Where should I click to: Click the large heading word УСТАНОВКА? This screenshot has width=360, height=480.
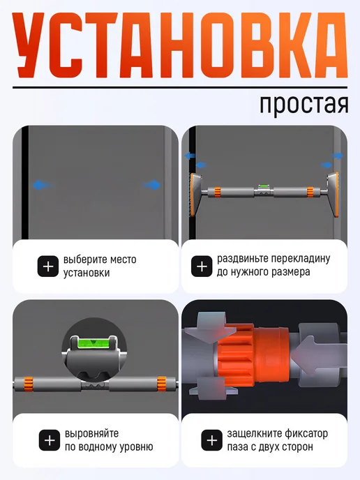180,46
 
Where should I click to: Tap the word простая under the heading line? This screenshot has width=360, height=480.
303,105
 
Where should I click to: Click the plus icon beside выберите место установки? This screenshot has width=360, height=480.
47,267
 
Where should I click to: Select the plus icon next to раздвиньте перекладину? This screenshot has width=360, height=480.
202,267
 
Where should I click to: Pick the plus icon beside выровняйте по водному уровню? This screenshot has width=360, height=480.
50,440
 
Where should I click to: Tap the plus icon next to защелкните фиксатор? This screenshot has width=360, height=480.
211,440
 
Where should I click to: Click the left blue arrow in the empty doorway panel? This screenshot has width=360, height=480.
43,185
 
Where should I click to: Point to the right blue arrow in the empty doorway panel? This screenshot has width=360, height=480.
152,185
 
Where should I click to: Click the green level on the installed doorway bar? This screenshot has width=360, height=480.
263,186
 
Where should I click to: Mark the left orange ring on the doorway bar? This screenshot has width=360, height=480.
218,192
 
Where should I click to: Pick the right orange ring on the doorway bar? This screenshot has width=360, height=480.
310,192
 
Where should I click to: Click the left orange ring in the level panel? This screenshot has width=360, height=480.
29,384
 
